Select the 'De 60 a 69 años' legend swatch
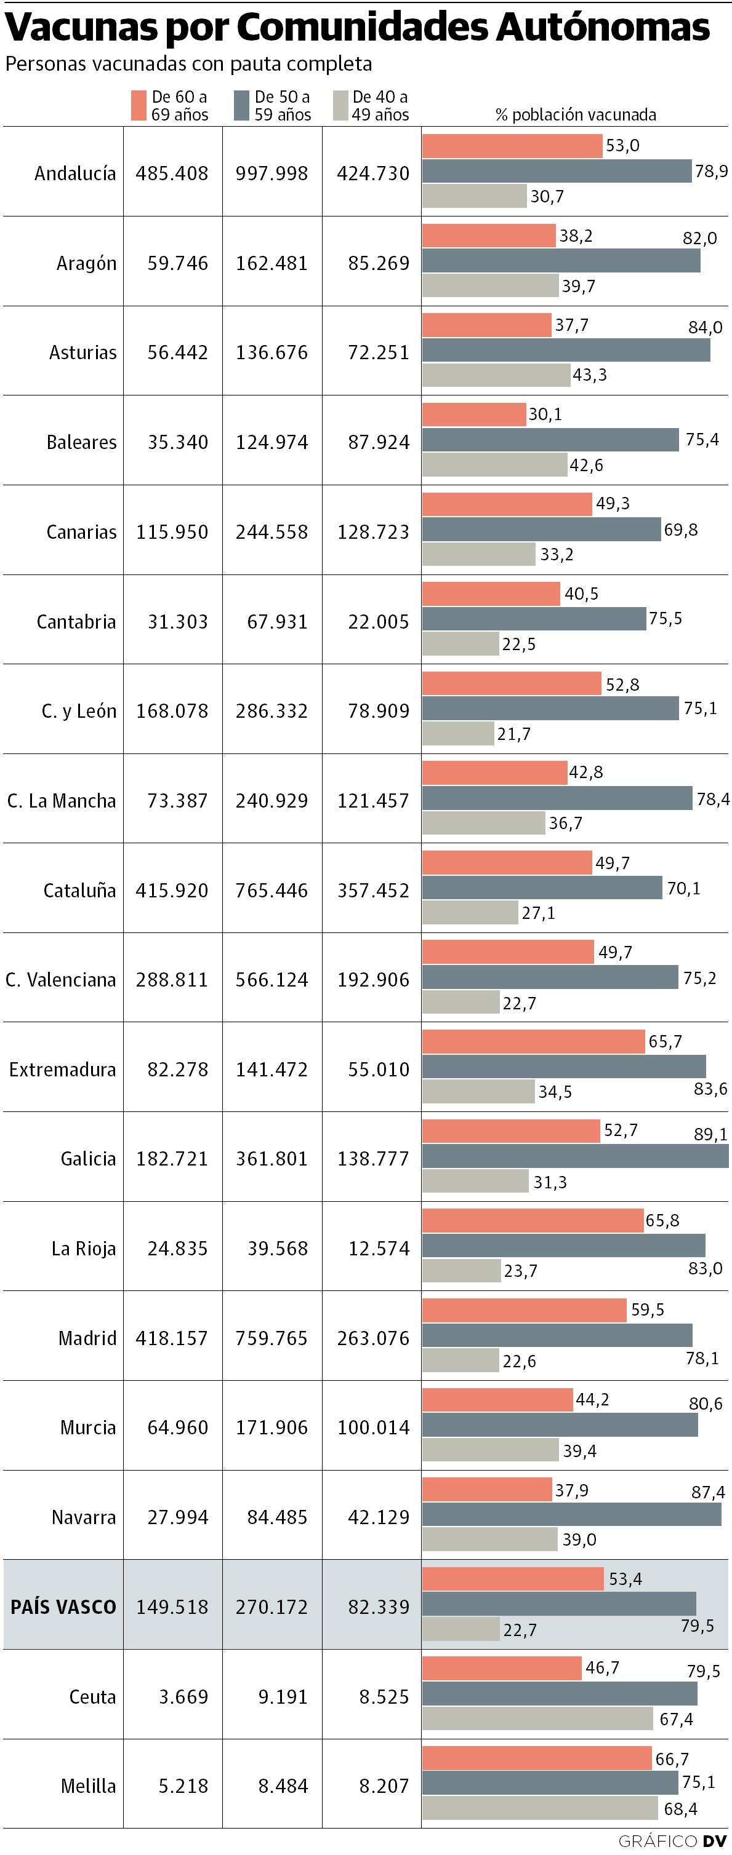[139, 105]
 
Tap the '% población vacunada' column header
[576, 114]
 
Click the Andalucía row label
[75, 173]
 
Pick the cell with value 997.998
[271, 173]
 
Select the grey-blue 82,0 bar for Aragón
[560, 261]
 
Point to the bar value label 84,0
[705, 328]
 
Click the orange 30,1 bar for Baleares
[474, 415]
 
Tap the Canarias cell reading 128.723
[373, 532]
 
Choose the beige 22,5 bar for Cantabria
[461, 644]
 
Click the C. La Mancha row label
[61, 801]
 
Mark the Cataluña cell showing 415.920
[172, 891]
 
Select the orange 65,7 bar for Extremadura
[533, 1041]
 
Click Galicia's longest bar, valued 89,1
[575, 1156]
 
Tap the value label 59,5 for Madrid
[647, 1310]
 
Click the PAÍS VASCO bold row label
[63, 1607]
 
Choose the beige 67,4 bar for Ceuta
[537, 1718]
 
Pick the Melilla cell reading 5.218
[183, 1786]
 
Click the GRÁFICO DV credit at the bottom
[672, 1841]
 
